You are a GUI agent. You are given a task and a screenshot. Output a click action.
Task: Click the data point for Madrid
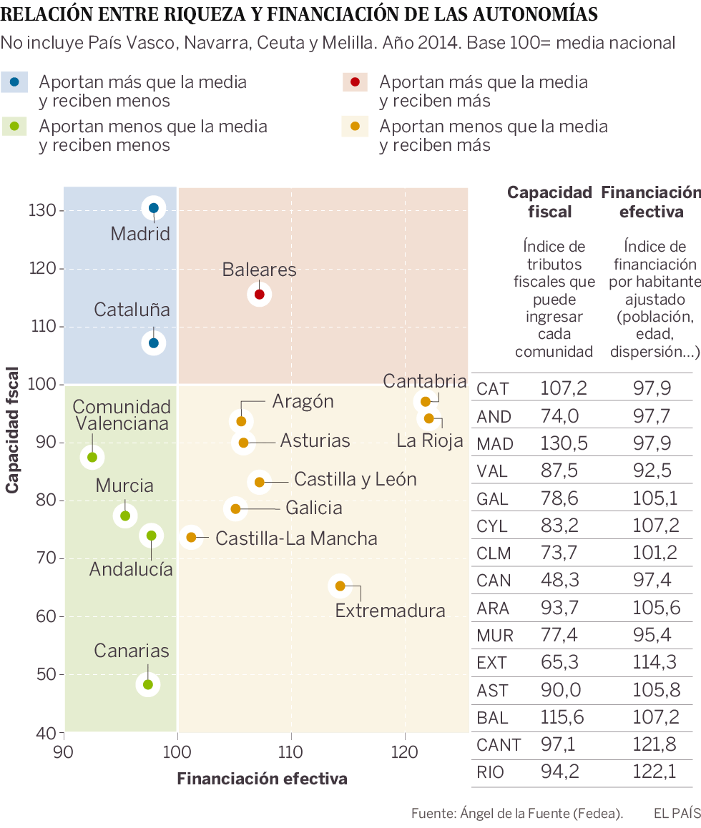tap(154, 209)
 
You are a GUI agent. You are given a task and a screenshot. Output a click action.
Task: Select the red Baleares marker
tap(259, 294)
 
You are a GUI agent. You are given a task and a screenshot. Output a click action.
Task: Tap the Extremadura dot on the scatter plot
tap(340, 586)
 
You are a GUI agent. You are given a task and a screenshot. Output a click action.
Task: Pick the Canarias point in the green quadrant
tap(148, 684)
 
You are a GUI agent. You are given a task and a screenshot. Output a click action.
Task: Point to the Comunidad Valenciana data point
tap(92, 457)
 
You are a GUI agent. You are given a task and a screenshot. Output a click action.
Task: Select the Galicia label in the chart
tap(313, 508)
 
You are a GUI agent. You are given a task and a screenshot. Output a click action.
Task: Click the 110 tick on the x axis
tap(291, 751)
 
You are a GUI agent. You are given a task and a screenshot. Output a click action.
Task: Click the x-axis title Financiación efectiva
tap(262, 779)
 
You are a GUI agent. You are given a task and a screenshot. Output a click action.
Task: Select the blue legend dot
tap(15, 82)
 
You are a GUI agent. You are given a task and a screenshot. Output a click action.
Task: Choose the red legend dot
tap(356, 82)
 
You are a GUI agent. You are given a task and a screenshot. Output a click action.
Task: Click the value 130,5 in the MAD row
tap(564, 443)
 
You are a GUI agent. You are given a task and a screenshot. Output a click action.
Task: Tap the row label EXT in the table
tap(492, 661)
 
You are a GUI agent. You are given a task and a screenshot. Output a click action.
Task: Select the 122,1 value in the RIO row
tap(654, 772)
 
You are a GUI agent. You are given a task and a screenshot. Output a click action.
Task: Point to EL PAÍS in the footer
tap(676, 813)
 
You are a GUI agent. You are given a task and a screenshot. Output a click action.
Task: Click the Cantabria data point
tap(426, 402)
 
